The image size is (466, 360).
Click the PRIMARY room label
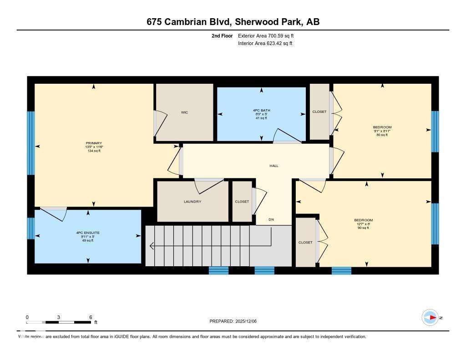tap(94, 143)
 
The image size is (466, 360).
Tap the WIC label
tap(184, 112)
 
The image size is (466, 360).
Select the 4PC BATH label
tap(261, 110)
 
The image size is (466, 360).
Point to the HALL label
tap(274, 166)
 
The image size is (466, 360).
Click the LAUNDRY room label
tap(192, 202)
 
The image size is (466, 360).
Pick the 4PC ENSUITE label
tap(88, 233)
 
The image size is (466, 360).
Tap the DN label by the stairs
tap(271, 220)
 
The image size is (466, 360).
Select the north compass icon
tap(430, 318)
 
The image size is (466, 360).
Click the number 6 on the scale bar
tap(91, 317)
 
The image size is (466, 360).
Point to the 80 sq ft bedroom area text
tap(382, 135)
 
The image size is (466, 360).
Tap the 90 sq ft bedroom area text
tap(363, 228)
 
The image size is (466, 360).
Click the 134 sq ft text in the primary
tap(94, 151)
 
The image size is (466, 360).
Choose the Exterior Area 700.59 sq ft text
tap(268, 35)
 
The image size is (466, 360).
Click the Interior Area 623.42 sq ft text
tap(265, 44)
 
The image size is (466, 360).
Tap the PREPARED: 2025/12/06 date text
tap(236, 321)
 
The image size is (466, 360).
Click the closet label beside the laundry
tap(242, 202)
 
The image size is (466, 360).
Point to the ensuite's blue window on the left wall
tap(31, 228)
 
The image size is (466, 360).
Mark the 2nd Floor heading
tap(222, 35)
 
